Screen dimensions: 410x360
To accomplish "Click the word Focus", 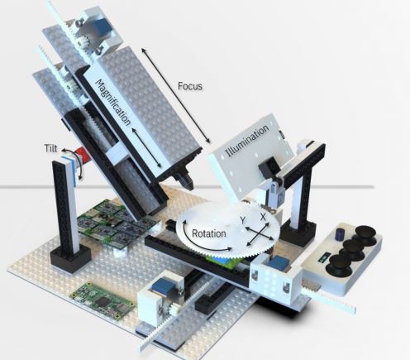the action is pos(190,86).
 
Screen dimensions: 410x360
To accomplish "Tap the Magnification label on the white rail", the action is pos(112,103).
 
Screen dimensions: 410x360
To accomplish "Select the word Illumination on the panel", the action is pos(247,141).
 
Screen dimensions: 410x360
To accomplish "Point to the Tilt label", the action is pos(51,148).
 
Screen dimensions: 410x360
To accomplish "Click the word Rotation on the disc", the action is pos(208,233).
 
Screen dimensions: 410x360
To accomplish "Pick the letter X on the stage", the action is pos(263,217).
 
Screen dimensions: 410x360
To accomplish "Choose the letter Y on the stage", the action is pos(242,220).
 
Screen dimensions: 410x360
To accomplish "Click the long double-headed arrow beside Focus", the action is pos(176,96).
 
